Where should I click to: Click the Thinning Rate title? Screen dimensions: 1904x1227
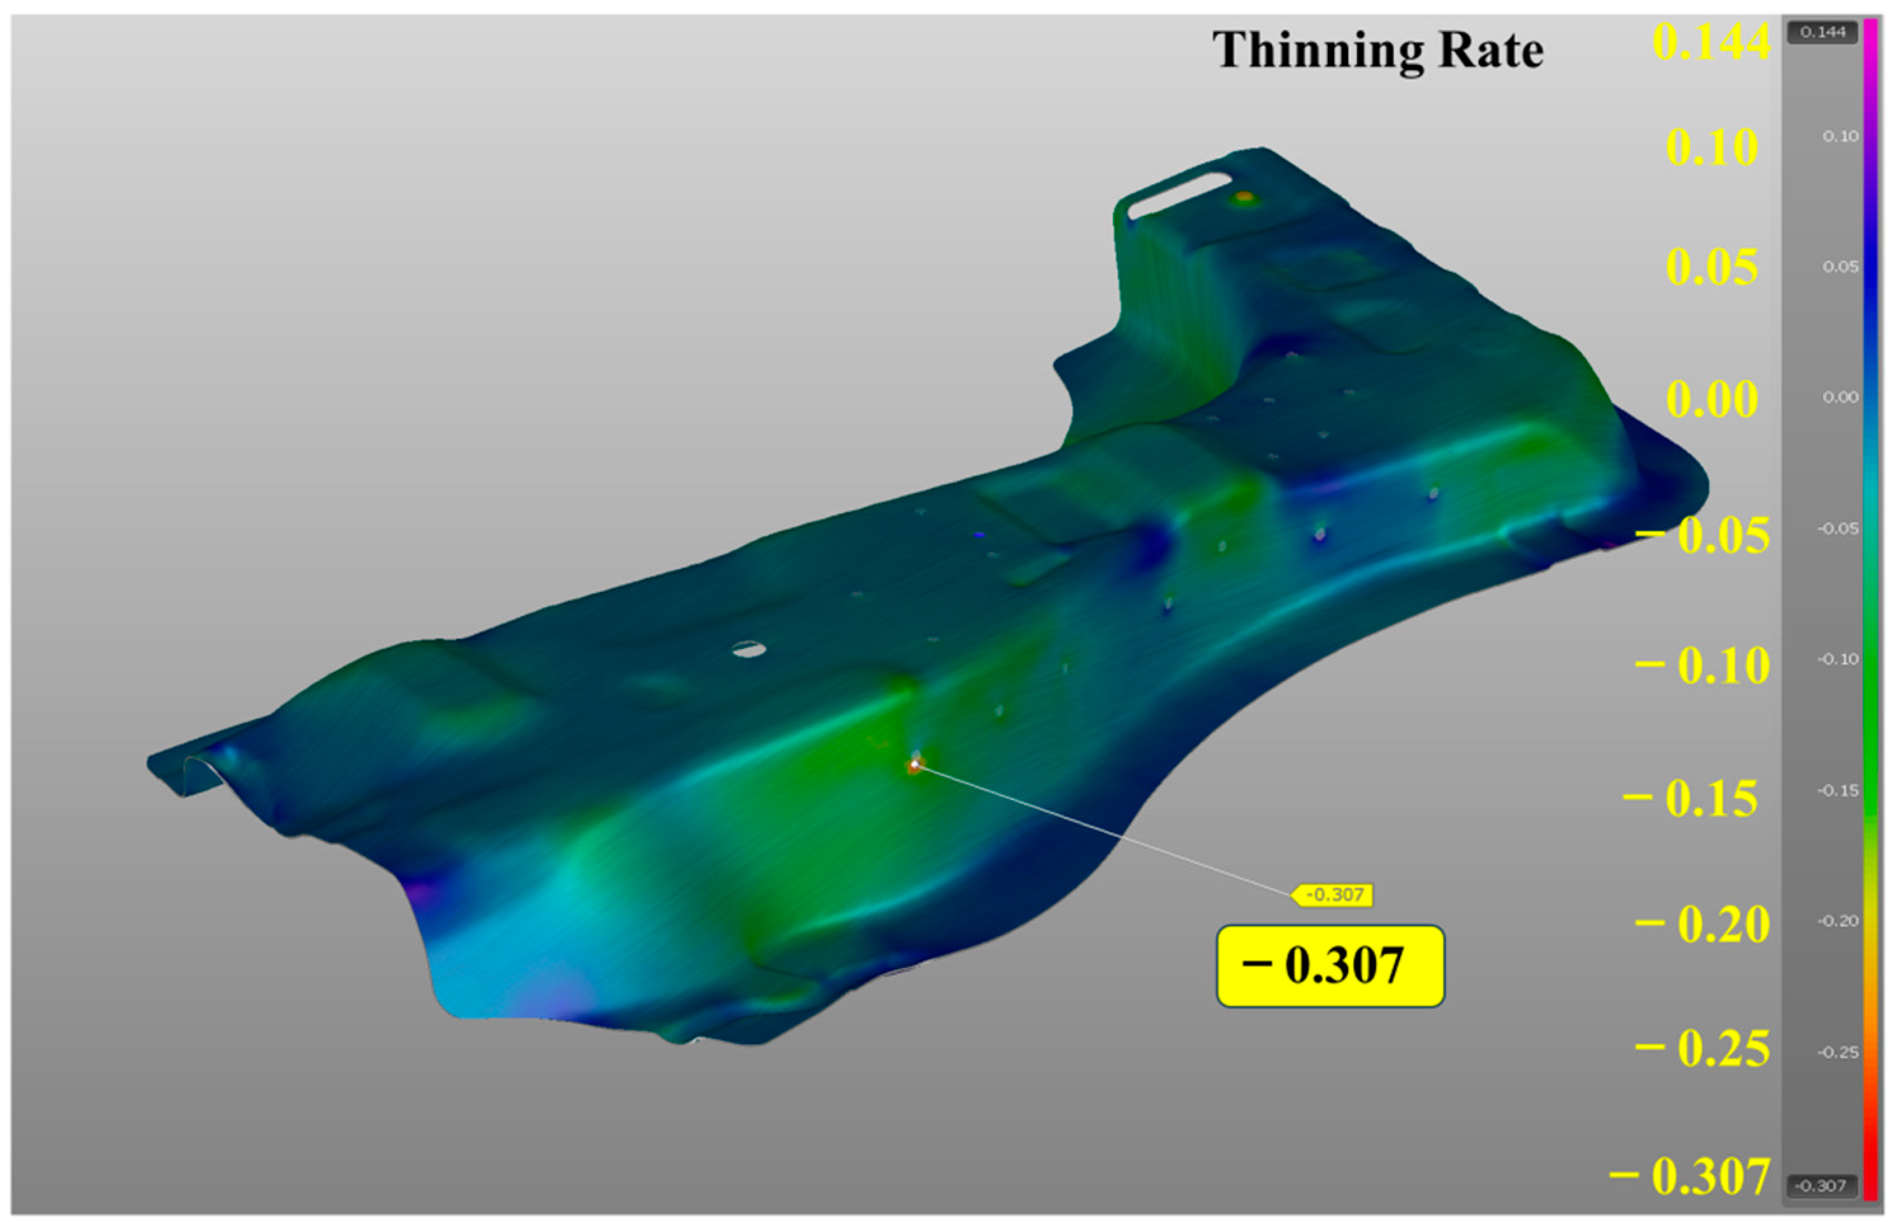tap(1377, 50)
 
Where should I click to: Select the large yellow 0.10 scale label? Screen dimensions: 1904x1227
tap(1712, 147)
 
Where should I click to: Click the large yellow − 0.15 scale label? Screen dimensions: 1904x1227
tap(1691, 798)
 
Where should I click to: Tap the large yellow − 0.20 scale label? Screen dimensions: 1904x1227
tap(1704, 924)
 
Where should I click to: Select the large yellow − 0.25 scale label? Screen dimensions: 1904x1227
tap(1704, 1049)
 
